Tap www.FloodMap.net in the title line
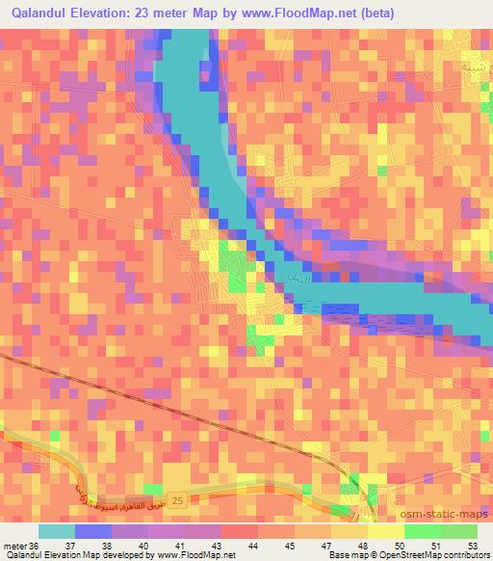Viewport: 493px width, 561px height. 291,13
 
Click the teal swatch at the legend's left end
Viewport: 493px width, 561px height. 56,531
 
